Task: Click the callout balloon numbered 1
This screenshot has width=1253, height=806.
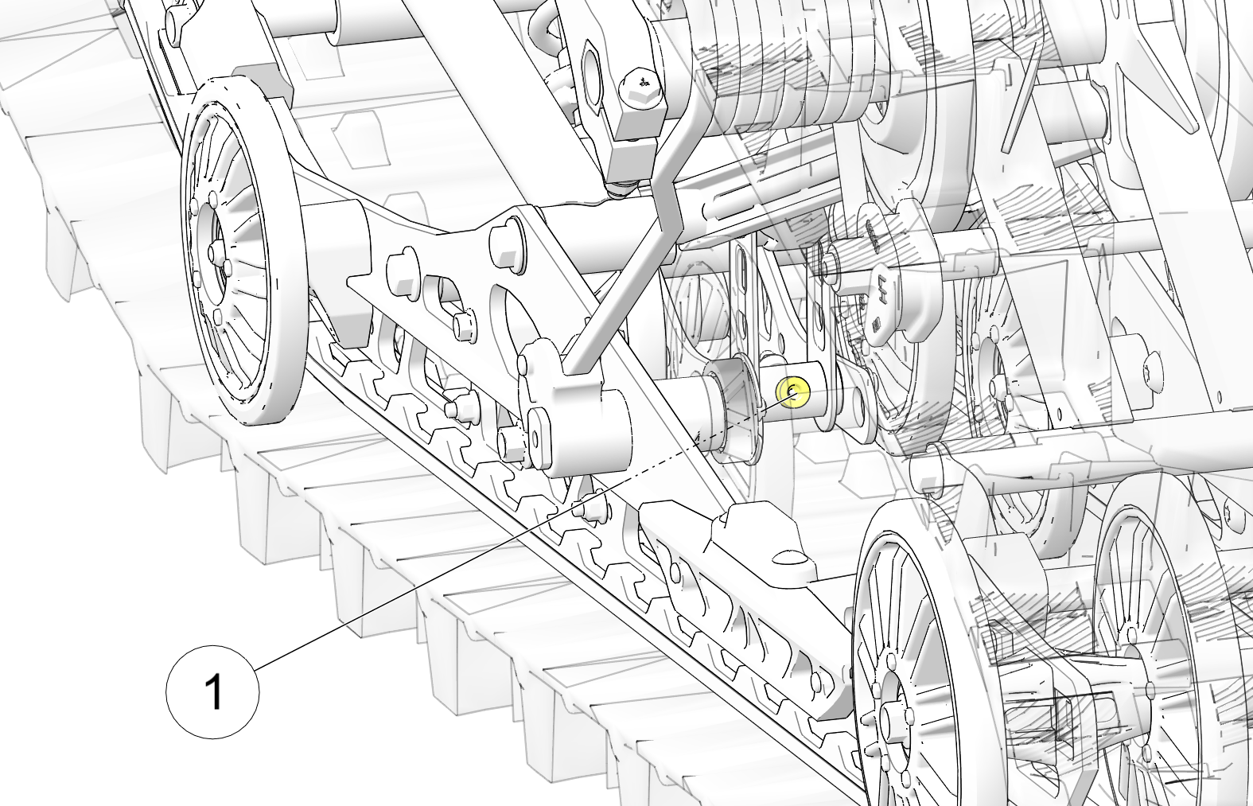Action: (x=212, y=692)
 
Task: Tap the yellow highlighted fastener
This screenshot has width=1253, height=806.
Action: (x=792, y=392)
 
